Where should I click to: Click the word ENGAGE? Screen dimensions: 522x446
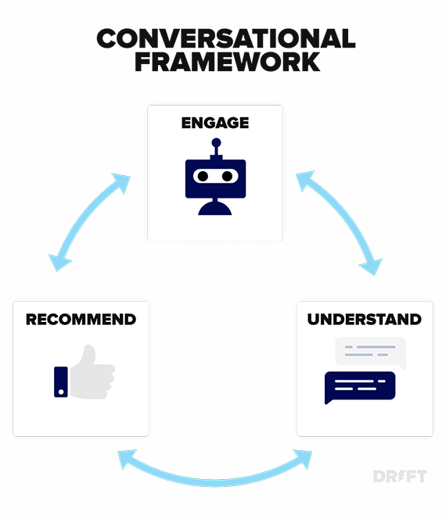215,123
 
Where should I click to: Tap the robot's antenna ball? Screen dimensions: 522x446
215,143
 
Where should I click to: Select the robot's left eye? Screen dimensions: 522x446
203,176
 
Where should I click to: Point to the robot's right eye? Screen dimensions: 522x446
227,176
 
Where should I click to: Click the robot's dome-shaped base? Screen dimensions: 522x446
215,207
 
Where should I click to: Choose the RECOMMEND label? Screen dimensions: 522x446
81,319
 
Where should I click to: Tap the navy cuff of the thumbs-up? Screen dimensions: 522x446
61,381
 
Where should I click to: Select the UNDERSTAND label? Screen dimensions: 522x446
364,319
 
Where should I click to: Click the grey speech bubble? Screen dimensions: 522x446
370,351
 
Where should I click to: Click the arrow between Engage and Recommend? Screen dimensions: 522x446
88,221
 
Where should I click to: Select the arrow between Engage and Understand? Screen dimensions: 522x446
339,223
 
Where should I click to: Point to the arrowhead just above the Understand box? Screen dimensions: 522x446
371,266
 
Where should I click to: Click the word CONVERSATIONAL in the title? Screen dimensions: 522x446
225,38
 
